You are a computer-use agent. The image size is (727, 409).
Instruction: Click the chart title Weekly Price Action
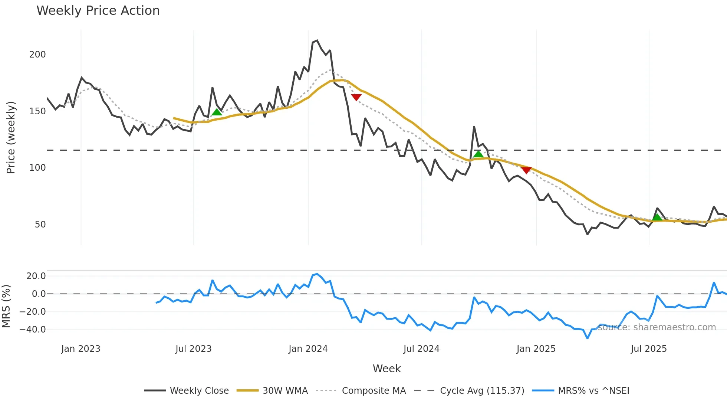[x=98, y=11]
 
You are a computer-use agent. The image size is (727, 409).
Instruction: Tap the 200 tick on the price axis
[x=37, y=55]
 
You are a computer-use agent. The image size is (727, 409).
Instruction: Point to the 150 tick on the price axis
[x=37, y=111]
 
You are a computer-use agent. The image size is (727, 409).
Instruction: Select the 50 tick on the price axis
[x=40, y=225]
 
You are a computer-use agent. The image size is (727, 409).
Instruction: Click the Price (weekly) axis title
[x=11, y=137]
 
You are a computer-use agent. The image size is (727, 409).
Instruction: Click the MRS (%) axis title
[x=6, y=306]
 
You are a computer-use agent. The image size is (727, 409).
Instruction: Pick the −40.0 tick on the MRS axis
[x=33, y=330]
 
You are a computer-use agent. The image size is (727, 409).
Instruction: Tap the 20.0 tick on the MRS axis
[x=36, y=276]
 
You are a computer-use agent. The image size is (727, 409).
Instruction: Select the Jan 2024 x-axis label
[x=308, y=349]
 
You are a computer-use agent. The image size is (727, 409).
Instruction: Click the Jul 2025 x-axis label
[x=649, y=349]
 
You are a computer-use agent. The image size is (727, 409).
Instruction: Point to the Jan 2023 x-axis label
[x=80, y=349]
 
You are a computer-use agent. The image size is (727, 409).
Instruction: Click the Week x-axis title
[x=386, y=369]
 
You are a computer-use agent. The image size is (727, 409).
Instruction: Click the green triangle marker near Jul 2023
[x=217, y=112]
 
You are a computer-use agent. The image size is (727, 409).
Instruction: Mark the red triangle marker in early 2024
[x=356, y=97]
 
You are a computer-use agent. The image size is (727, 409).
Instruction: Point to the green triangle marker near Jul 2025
[x=657, y=217]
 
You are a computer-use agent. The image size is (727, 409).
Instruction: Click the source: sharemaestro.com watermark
[x=657, y=327]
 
